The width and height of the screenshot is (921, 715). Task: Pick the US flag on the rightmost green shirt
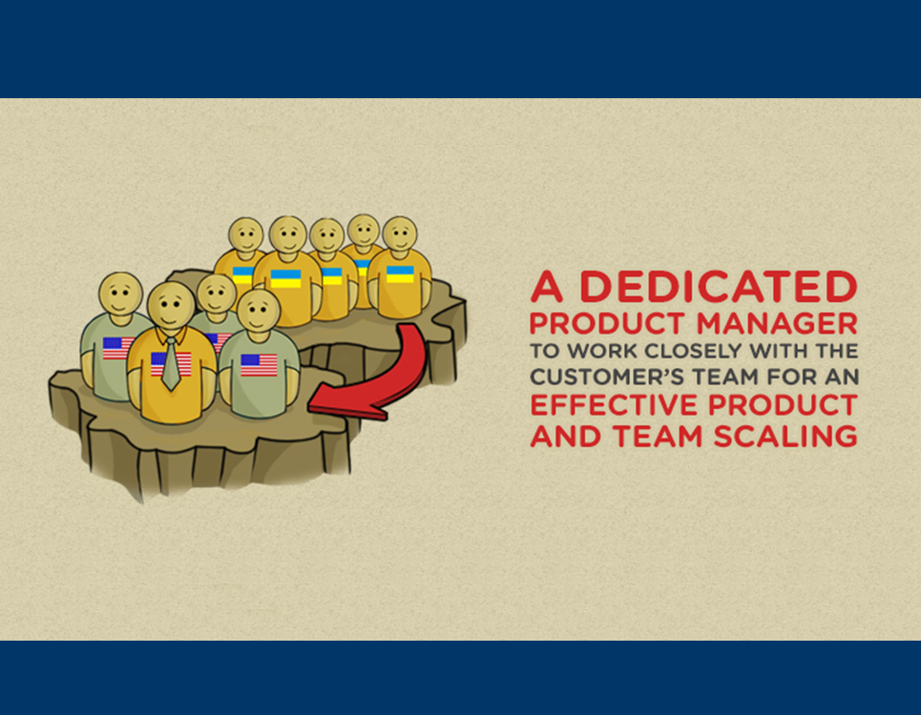[259, 364]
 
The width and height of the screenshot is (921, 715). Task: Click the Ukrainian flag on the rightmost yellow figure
[400, 274]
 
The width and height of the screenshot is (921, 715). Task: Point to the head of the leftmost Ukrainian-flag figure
[245, 235]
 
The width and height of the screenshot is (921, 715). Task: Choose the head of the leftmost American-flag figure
[121, 293]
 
